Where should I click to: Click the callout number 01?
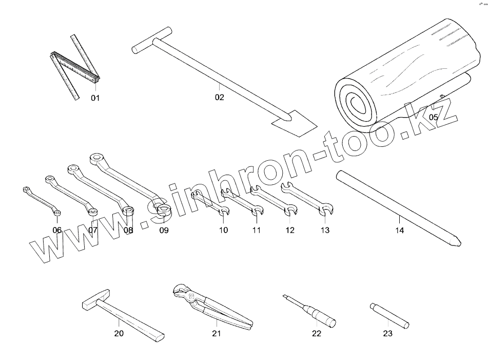point(95,98)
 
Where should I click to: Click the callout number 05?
point(434,118)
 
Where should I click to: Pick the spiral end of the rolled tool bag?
point(356,103)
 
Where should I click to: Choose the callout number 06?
point(57,230)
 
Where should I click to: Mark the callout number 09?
point(163,231)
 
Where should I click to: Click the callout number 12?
point(290,231)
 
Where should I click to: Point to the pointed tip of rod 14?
point(456,241)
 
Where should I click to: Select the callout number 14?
point(399,231)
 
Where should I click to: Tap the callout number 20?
point(119,334)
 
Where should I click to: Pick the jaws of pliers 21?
point(182,292)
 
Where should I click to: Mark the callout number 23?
point(387,334)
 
